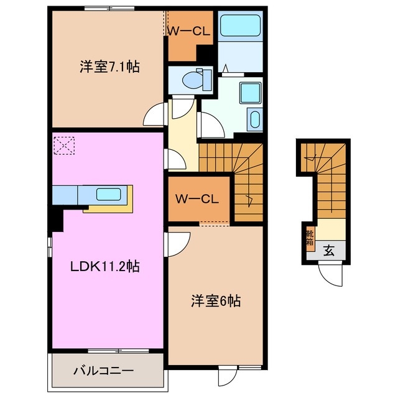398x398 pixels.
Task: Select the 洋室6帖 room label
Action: point(215,302)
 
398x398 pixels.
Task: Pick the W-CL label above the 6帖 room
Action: point(196,200)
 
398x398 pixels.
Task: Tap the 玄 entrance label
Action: point(328,251)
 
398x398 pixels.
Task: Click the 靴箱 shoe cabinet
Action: point(309,238)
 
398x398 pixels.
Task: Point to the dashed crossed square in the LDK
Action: point(63,147)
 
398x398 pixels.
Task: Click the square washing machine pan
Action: point(252,93)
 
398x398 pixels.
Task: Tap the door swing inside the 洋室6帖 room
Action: point(179,242)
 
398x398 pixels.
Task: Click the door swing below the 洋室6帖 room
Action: point(228,377)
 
